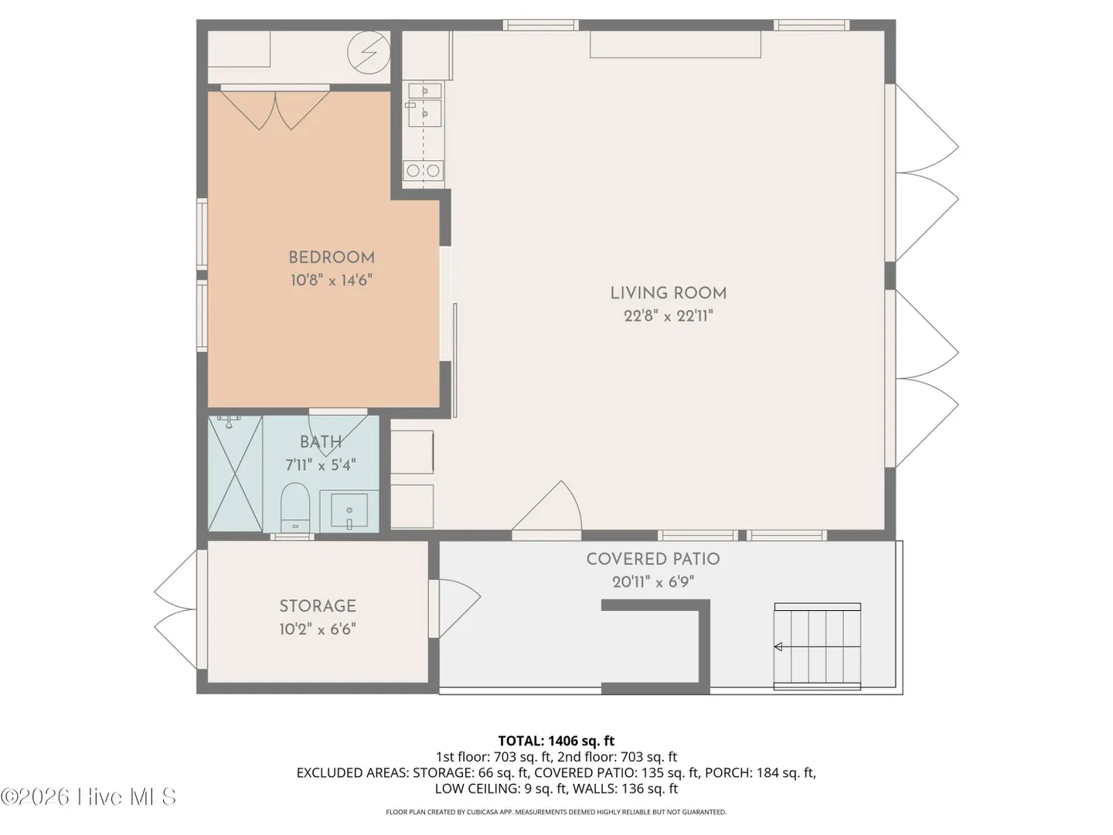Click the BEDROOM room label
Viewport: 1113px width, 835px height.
(332, 257)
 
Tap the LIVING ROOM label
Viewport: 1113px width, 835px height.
(669, 293)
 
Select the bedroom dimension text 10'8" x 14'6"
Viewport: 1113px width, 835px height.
(332, 280)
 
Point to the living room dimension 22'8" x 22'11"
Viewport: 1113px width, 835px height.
(669, 316)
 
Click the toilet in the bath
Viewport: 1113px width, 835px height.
(295, 506)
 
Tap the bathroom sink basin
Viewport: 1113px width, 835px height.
(349, 510)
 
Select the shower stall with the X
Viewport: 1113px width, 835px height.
(235, 473)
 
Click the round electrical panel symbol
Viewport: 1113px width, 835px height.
(369, 53)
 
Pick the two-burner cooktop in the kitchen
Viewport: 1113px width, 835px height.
(424, 171)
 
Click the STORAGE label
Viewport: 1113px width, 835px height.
(318, 606)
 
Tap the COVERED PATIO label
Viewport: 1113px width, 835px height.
(653, 559)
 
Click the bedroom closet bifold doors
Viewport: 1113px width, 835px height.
(275, 110)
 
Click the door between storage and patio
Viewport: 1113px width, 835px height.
(454, 608)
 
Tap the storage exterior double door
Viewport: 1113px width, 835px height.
(175, 609)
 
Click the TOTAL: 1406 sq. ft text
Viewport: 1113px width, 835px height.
(556, 741)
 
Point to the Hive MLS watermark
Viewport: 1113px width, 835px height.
(88, 797)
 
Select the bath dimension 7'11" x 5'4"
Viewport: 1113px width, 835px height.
(321, 465)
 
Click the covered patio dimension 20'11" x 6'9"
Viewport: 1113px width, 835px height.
(653, 581)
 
